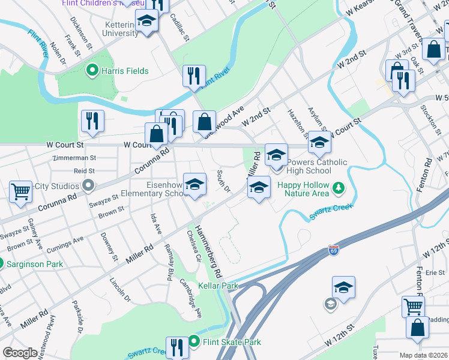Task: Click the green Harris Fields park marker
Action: pyautogui.click(x=92, y=71)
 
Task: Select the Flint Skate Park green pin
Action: pyautogui.click(x=194, y=342)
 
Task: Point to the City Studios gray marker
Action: pyautogui.click(x=89, y=185)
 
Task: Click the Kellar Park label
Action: pyautogui.click(x=218, y=286)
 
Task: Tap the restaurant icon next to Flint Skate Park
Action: pyautogui.click(x=176, y=347)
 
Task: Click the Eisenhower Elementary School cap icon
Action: pyautogui.click(x=194, y=185)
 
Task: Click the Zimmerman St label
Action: pyautogui.click(x=74, y=158)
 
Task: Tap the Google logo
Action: pyautogui.click(x=20, y=353)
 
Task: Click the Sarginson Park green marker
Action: pyautogui.click(x=2, y=263)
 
